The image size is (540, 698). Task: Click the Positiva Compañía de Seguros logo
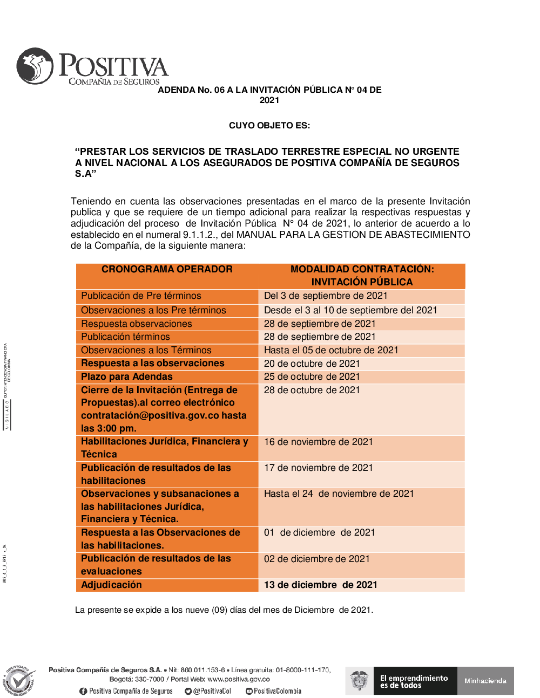(x=92, y=67)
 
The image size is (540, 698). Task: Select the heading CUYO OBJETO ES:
(x=269, y=126)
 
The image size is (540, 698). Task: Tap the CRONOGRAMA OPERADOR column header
(x=167, y=269)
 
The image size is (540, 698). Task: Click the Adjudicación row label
(x=111, y=585)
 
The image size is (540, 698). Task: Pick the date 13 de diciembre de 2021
(x=320, y=585)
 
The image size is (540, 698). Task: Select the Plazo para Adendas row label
(x=127, y=377)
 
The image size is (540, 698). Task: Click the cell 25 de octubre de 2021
(x=312, y=377)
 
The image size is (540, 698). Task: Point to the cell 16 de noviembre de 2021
(x=318, y=442)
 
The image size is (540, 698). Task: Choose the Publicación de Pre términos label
(x=141, y=296)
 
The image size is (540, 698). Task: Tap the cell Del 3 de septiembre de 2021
(x=326, y=296)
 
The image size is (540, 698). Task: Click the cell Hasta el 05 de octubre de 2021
(x=331, y=350)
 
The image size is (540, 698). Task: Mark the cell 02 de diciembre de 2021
(x=316, y=559)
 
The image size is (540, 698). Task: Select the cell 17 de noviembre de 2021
(x=318, y=468)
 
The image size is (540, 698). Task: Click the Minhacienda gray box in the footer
(x=485, y=681)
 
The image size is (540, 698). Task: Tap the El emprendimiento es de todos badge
(x=414, y=681)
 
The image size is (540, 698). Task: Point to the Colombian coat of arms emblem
(x=359, y=681)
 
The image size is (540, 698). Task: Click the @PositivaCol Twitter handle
(x=211, y=691)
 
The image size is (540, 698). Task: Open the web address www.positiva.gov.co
(x=238, y=679)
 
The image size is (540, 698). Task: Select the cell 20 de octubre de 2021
(x=312, y=364)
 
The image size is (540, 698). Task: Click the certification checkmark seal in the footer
(x=20, y=681)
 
